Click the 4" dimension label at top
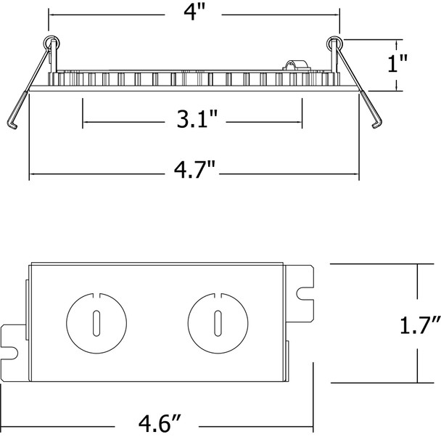coord(195,13)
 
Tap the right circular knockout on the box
coord(215,321)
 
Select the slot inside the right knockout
coord(215,322)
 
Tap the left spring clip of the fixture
coord(25,94)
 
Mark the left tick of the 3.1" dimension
coord(83,118)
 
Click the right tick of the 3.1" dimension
coord(302,118)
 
